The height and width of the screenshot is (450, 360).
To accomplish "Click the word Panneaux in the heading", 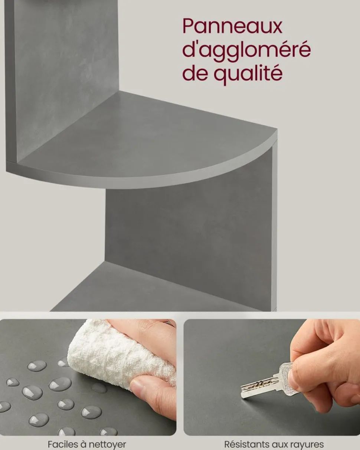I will point(232,26).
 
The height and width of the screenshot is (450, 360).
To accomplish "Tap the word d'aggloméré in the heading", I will point(246,50).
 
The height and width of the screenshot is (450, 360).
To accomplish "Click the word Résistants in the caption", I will point(246,444).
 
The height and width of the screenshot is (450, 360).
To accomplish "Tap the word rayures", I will point(307,444).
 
